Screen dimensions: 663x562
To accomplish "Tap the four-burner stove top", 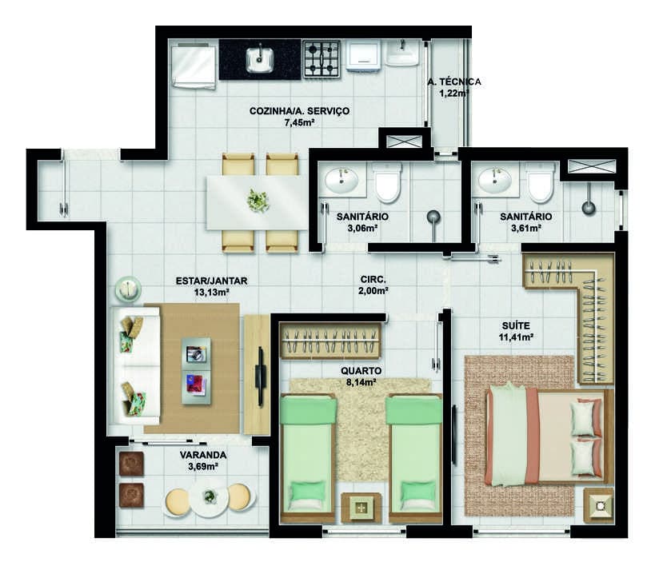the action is tap(322, 58).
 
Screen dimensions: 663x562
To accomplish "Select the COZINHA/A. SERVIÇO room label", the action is tap(299, 111).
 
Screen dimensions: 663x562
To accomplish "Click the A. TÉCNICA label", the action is tap(454, 82).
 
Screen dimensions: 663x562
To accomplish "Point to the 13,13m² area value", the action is tap(211, 292).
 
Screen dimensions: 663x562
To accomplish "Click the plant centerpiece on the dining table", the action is tap(258, 201).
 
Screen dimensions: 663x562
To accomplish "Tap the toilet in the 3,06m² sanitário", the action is tap(387, 182).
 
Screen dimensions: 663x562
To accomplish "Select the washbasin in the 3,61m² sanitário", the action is tap(494, 181).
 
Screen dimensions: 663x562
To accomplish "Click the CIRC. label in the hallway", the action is tap(373, 279).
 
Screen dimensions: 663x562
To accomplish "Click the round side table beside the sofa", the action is tap(127, 289).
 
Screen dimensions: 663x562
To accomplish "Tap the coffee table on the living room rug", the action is tap(196, 371).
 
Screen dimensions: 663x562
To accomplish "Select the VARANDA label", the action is tap(203, 455).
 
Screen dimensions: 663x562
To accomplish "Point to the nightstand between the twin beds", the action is tap(361, 508).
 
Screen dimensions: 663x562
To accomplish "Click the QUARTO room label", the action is tap(361, 371).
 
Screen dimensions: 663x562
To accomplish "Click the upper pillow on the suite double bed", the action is tap(584, 418).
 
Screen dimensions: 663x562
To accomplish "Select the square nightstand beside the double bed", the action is tap(598, 506).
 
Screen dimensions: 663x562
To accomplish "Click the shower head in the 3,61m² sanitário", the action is tap(588, 208).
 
